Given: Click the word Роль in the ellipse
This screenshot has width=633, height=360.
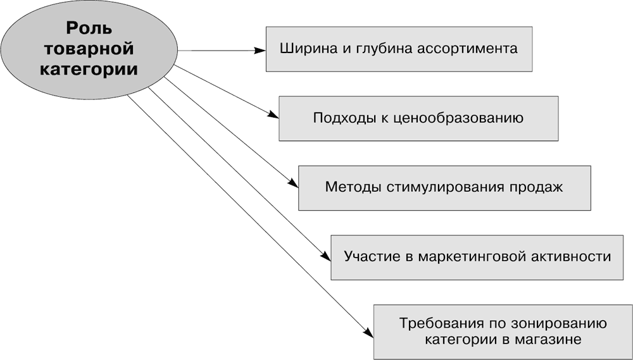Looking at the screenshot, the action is (x=89, y=28).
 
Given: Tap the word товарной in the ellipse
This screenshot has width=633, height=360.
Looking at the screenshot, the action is (x=89, y=49).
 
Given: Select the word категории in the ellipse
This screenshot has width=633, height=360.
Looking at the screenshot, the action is (x=89, y=69).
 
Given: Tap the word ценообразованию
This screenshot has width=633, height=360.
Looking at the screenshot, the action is (x=458, y=118).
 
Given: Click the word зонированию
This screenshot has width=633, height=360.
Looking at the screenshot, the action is (x=559, y=324).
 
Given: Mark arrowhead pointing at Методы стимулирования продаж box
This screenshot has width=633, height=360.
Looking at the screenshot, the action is (x=293, y=182).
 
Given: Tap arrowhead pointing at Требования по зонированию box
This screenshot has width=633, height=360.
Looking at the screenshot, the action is (x=368, y=332).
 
